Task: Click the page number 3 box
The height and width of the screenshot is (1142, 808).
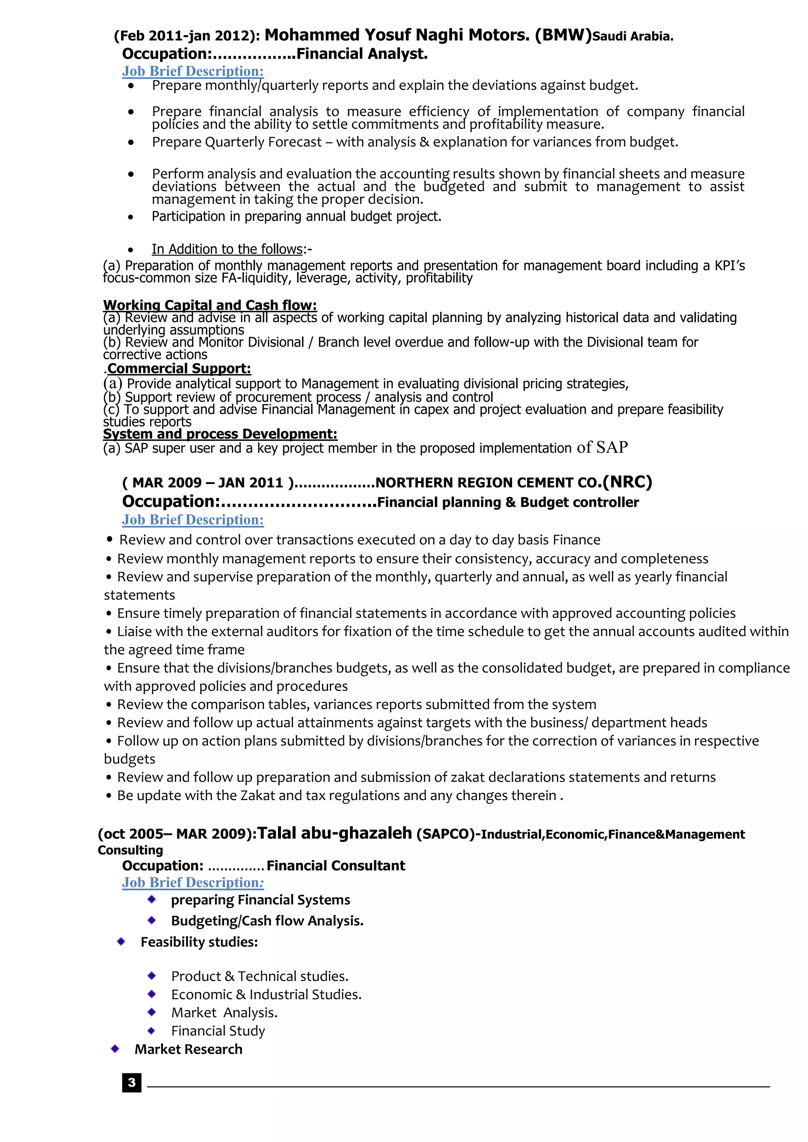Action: [x=131, y=1082]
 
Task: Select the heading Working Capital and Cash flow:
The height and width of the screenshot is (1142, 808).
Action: [x=209, y=304]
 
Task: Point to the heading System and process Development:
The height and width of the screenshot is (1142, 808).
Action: [x=220, y=434]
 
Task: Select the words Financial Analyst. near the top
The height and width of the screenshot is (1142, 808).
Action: [x=362, y=54]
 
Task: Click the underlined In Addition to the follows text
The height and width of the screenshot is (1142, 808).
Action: [x=227, y=249]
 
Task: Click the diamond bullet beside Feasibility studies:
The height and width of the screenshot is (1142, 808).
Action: [x=121, y=942]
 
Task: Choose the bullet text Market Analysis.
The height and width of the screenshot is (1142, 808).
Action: [x=224, y=1012]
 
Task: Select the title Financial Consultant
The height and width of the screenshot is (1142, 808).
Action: [x=336, y=866]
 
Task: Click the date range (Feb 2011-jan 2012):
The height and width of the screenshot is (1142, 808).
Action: [x=187, y=36]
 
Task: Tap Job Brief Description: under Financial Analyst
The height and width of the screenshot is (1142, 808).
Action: [x=193, y=71]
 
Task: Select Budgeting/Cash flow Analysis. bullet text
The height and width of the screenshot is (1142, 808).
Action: [x=267, y=921]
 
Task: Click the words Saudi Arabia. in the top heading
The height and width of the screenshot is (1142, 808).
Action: [x=633, y=36]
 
